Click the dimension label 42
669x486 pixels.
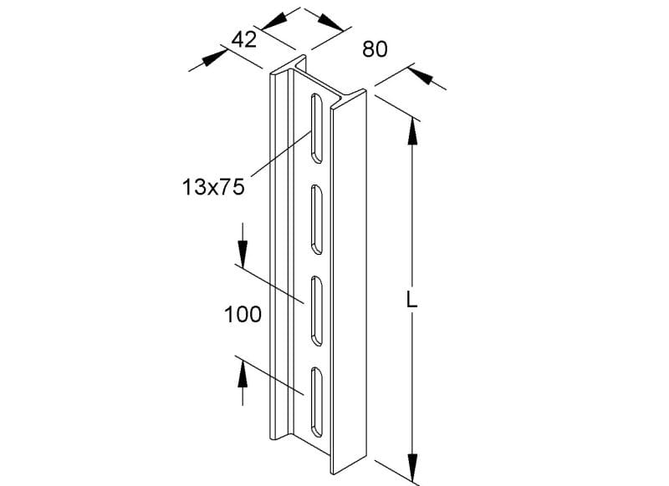244,40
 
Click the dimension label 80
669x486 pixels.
375,49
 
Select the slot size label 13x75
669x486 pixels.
213,187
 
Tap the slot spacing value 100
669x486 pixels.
243,315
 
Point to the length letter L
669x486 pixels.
411,301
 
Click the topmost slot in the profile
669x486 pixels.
317,128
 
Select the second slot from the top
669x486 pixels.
317,219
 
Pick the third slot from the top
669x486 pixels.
317,311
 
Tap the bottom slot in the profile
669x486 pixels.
317,402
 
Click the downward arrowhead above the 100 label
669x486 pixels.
243,253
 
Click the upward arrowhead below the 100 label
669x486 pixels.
243,373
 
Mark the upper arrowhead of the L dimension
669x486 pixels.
412,131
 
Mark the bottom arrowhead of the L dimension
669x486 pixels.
412,468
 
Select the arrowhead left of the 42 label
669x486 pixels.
215,58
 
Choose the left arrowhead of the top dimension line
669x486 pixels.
273,21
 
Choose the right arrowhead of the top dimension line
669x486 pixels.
330,23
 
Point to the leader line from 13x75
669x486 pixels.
281,154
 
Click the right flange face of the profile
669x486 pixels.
349,282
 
